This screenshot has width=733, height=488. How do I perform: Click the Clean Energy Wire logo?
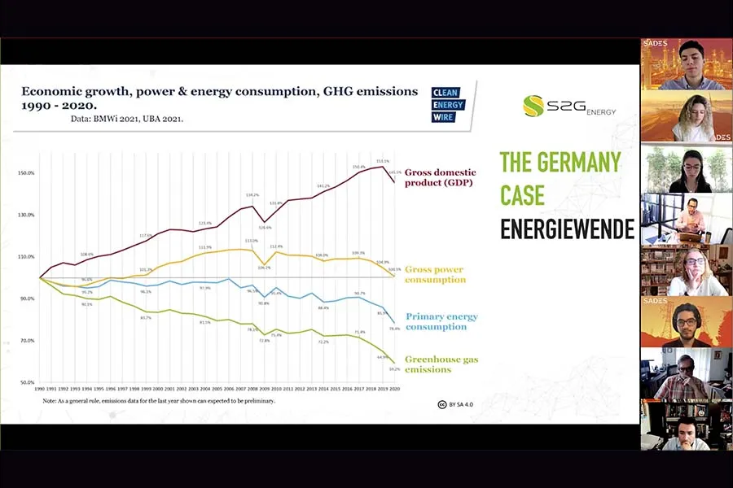tap(447, 105)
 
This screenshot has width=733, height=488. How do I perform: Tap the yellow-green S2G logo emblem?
tap(533, 106)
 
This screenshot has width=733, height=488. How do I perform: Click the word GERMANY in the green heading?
tap(579, 161)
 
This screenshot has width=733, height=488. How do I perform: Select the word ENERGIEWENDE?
tap(567, 229)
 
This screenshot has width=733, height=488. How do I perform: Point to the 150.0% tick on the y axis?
tap(28, 173)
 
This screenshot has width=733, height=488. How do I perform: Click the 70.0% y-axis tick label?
tap(27, 340)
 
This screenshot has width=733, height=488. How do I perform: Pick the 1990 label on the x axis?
tap(39, 390)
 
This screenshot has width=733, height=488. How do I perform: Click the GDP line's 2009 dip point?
tap(264, 221)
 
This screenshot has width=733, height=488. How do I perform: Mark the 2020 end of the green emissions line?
tap(394, 363)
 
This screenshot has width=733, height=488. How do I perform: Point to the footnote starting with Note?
tap(160, 401)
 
